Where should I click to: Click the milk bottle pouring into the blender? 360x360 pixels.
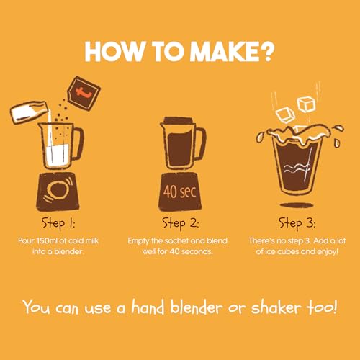point(29,112)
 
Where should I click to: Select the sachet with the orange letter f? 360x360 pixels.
point(84,94)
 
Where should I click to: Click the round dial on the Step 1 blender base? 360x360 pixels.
point(58,190)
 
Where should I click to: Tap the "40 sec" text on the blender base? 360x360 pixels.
point(179,192)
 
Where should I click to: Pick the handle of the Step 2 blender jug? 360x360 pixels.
point(201,143)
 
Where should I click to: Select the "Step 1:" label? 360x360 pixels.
point(58,224)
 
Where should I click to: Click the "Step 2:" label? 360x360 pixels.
point(180,224)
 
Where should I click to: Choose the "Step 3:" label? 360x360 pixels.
point(297,224)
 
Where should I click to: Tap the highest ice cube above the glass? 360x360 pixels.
point(306,104)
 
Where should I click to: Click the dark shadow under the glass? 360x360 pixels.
point(297,205)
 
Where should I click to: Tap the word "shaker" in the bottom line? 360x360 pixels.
point(276,307)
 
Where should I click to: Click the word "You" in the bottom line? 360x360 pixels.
point(37,307)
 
